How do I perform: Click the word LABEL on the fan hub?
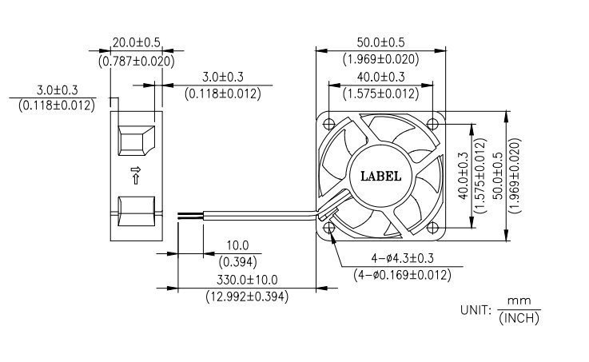tap(380, 176)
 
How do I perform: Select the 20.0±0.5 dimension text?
tap(137, 42)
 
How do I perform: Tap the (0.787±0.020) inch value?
tap(137, 61)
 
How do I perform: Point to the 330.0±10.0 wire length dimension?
tap(247, 280)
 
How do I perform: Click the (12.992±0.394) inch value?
tap(247, 296)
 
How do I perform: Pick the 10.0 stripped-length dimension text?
tap(237, 245)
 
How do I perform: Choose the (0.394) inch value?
tap(237, 262)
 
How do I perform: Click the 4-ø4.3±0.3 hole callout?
tap(402, 258)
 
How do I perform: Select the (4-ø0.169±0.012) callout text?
tap(402, 275)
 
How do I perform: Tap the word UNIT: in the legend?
tap(476, 310)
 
